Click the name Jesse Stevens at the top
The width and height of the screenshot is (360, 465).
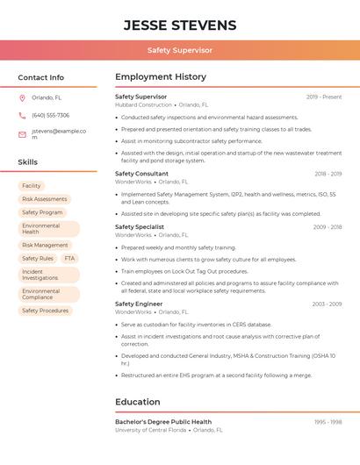[180, 25]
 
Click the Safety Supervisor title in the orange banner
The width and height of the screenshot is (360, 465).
[180, 51]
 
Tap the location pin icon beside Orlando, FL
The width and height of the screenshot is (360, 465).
[22, 98]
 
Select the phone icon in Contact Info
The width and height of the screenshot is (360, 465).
[22, 116]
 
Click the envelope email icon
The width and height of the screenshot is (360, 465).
[22, 134]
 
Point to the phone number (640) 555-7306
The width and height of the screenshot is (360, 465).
[50, 116]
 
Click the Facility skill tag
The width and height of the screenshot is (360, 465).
[32, 186]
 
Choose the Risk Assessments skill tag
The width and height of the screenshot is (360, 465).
[44, 199]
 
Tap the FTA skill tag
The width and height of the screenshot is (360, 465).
[69, 259]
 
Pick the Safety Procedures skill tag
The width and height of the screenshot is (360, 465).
[45, 311]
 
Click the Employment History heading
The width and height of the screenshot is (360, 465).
[160, 77]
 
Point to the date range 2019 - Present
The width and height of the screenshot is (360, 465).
[324, 97]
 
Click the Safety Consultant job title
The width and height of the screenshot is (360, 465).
[141, 174]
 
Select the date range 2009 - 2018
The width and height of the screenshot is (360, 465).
[327, 227]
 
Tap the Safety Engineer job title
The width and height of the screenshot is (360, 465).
[139, 304]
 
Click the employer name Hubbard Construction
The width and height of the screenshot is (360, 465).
[143, 105]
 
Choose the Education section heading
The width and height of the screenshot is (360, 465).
[137, 403]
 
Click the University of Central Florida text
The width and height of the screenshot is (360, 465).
[150, 430]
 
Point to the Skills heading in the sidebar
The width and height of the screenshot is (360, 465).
[28, 162]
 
